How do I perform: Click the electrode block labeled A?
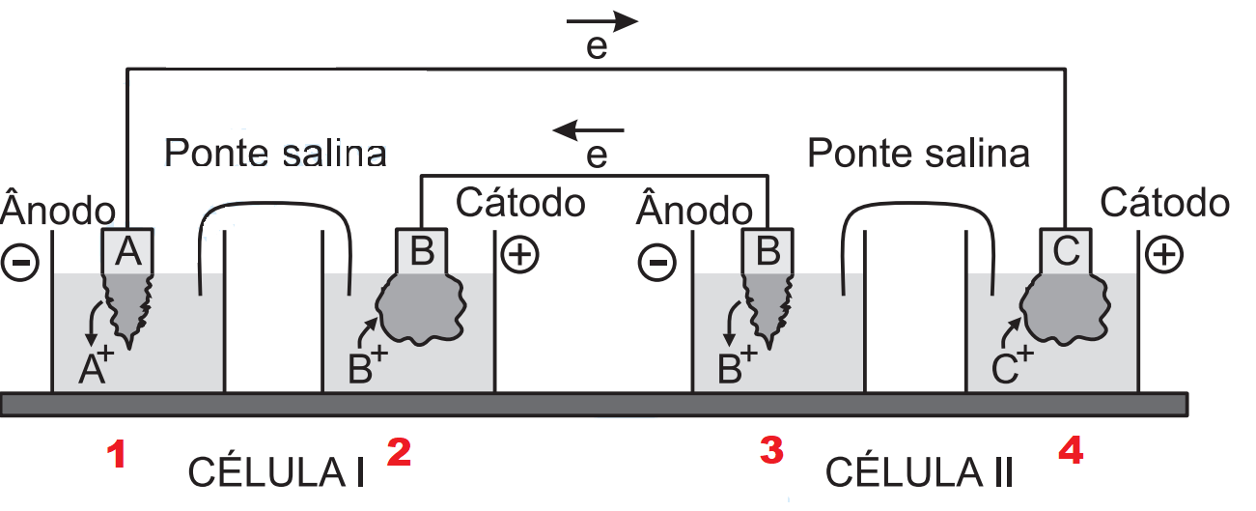(x=129, y=251)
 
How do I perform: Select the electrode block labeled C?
(x=1067, y=251)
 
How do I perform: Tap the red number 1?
(x=117, y=455)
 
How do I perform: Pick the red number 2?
(x=400, y=452)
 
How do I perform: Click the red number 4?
(x=1071, y=452)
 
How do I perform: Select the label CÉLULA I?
(x=275, y=473)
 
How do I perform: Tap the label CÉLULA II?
(x=920, y=473)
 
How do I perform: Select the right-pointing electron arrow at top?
(x=602, y=21)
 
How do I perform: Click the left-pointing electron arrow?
(x=588, y=128)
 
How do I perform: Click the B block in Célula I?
(x=422, y=251)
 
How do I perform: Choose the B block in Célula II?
(x=768, y=251)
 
